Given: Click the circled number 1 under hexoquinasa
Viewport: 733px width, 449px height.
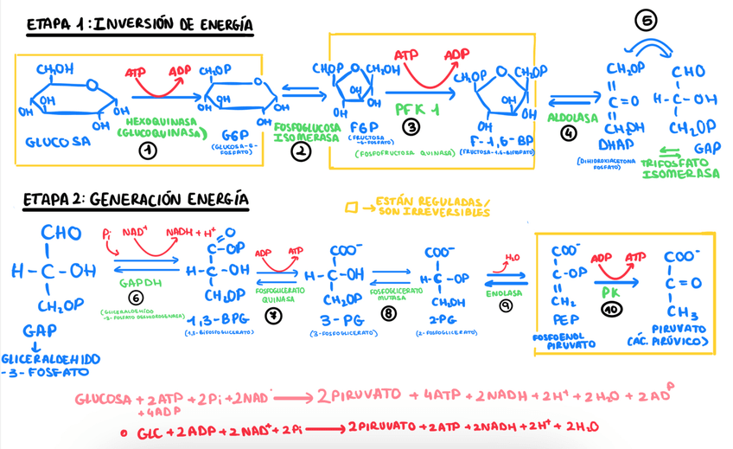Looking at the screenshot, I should (x=149, y=151).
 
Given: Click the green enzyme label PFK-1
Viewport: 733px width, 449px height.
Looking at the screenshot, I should (x=417, y=111).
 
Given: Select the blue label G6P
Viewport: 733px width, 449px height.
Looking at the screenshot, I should (x=235, y=136).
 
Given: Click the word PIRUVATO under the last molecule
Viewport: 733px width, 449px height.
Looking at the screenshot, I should (x=678, y=330).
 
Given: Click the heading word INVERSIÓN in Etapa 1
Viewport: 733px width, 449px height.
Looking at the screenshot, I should (x=134, y=25).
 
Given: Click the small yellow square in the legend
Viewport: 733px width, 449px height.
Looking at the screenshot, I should (x=351, y=208).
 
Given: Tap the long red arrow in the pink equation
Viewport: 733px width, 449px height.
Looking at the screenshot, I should (x=289, y=400).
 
